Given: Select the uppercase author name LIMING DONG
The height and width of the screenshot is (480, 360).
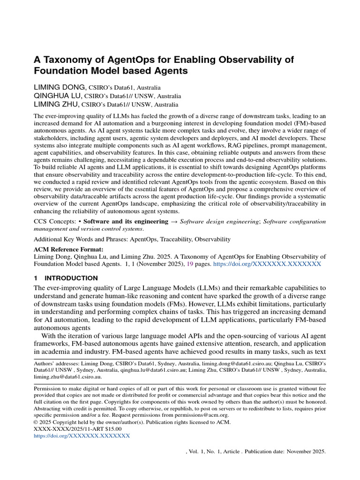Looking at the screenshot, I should pyautogui.click(x=60, y=87).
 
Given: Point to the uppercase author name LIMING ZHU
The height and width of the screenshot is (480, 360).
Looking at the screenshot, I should pyautogui.click(x=57, y=104).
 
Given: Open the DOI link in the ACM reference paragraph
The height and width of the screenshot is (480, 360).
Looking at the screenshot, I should pyautogui.click(x=267, y=264).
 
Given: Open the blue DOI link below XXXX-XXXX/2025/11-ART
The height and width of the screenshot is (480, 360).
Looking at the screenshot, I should pyautogui.click(x=82, y=435).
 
